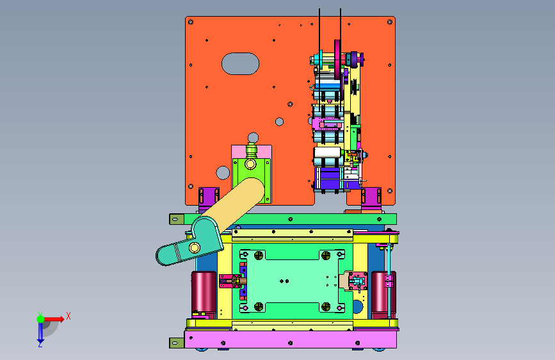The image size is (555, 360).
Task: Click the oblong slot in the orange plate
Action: click(240, 64)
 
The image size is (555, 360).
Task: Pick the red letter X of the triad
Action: click(68, 316)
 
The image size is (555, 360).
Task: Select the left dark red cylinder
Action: click(204, 293)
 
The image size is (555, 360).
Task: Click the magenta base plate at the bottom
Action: click(291, 340)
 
